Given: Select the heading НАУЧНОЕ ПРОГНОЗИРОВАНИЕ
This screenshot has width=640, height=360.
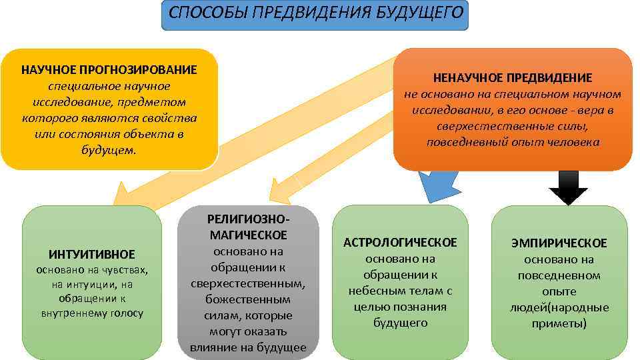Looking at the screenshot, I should (109, 70).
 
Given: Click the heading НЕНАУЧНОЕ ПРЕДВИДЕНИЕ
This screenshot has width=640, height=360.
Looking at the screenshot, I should (512, 78).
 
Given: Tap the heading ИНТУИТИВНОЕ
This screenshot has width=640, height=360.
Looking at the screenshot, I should (92, 254).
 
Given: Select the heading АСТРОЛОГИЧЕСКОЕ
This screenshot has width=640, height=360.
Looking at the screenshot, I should (400, 242).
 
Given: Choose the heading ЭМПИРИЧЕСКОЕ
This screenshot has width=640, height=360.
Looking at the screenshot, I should (559, 243).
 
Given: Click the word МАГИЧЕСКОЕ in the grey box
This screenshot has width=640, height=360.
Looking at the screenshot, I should (248, 235).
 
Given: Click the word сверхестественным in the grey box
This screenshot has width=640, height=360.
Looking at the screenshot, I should (248, 283).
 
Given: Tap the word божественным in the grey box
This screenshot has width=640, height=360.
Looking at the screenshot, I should (248, 299).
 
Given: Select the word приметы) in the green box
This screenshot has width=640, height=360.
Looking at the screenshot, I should (559, 323).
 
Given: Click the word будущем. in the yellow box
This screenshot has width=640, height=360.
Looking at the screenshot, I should (109, 150).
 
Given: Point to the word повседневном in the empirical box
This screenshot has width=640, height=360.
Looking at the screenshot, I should (559, 275).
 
